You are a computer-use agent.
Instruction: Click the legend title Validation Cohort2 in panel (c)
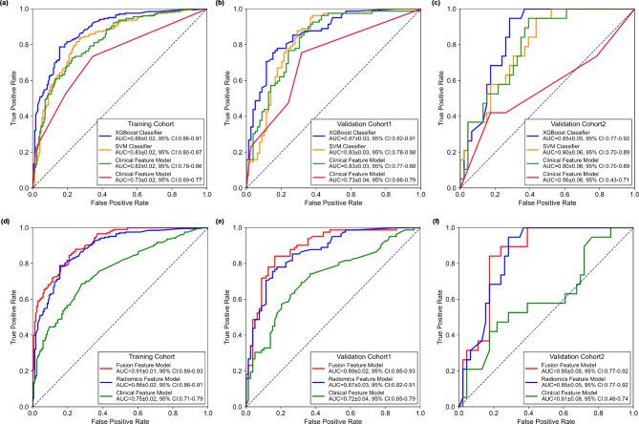pos(570,124)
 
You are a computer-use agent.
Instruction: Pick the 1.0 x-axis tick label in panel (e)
pos(421,408)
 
